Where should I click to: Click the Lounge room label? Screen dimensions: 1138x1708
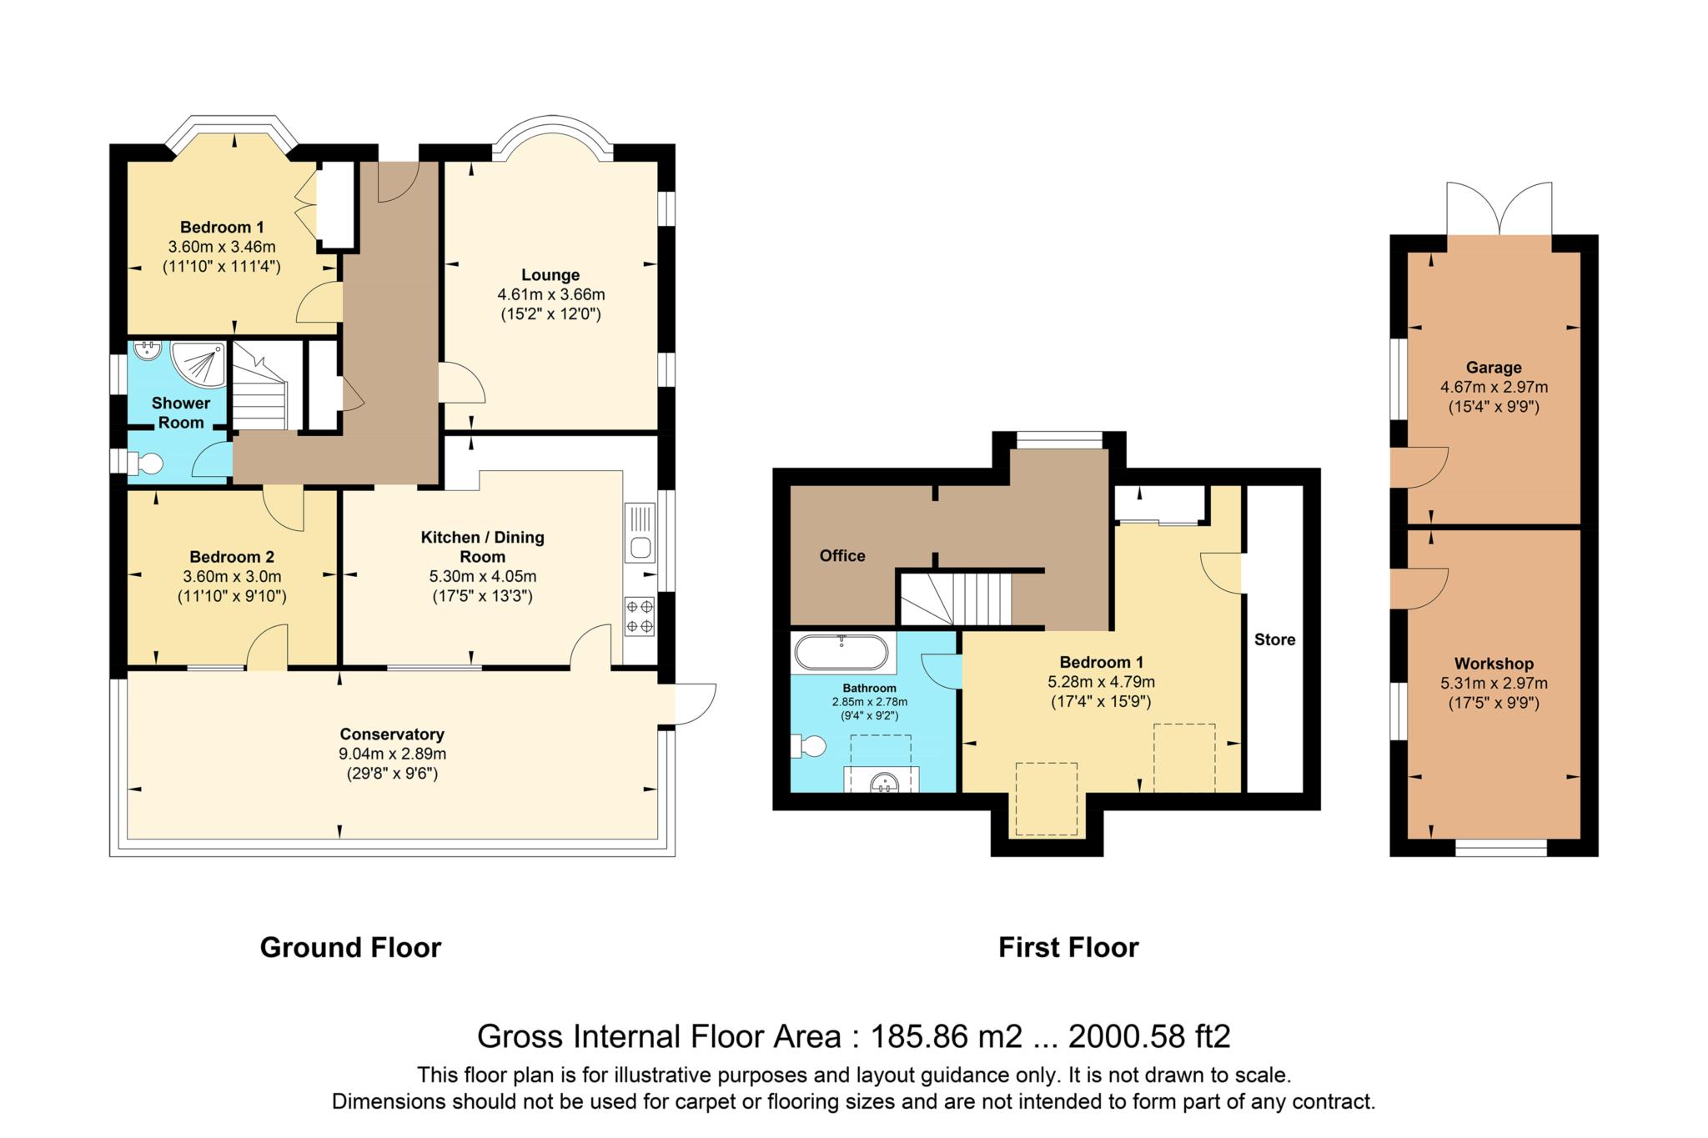(x=550, y=275)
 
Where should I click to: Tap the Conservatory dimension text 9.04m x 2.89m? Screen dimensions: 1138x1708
(x=392, y=754)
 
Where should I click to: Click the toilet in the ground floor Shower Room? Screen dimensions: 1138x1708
(x=145, y=464)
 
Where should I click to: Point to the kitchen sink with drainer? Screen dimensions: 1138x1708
(x=640, y=534)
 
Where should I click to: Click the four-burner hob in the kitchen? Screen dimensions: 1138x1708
(x=640, y=617)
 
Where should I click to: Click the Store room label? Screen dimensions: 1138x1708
(x=1274, y=639)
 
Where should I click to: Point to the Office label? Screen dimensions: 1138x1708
(x=842, y=556)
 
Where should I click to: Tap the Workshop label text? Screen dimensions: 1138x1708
(x=1494, y=664)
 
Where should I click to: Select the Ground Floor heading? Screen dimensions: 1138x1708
(x=350, y=948)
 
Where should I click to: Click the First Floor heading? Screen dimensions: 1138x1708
(x=1068, y=948)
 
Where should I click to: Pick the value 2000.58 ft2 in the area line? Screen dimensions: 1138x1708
(x=1148, y=1036)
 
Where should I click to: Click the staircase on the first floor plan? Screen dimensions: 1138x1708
(x=959, y=598)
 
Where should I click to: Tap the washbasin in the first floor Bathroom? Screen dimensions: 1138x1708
(x=883, y=781)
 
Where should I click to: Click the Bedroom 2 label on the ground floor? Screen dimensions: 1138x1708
(x=232, y=557)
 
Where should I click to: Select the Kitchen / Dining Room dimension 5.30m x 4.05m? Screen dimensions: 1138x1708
(x=483, y=576)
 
